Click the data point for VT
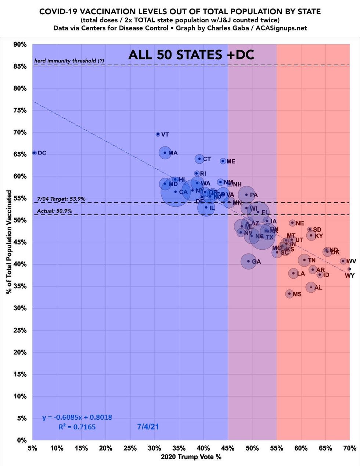158,134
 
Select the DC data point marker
35,153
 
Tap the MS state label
297,294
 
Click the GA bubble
248,261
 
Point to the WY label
349,275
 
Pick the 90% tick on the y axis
20,44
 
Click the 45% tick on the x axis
228,448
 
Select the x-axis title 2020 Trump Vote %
191,457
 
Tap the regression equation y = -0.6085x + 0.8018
77,418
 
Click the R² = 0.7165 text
77,427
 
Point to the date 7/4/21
148,427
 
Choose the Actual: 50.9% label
54,211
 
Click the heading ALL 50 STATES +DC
191,55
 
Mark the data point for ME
223,161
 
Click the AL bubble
311,287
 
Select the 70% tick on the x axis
349,448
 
